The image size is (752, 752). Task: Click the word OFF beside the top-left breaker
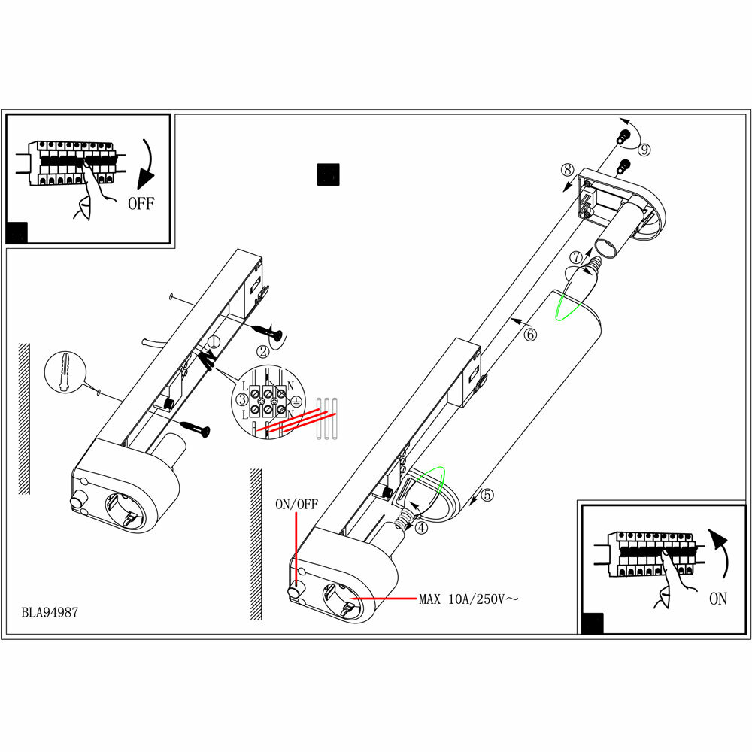[x=141, y=202]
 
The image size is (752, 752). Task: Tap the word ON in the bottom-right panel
[x=718, y=599]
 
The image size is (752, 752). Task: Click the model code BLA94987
[x=50, y=612]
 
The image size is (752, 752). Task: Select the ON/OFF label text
[x=296, y=504]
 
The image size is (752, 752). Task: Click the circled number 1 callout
[x=214, y=342]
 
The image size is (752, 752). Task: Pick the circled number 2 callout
[x=262, y=350]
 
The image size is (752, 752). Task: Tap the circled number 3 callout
[x=242, y=399]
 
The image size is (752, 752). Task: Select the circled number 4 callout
[x=421, y=528]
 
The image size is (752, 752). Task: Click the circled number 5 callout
[x=487, y=495]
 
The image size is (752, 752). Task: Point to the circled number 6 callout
[x=530, y=335]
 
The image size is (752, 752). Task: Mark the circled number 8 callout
[x=568, y=169]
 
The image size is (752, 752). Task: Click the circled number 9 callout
[x=644, y=150]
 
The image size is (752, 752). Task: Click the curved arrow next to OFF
[x=149, y=165]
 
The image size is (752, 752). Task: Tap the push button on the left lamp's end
[x=77, y=502]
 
